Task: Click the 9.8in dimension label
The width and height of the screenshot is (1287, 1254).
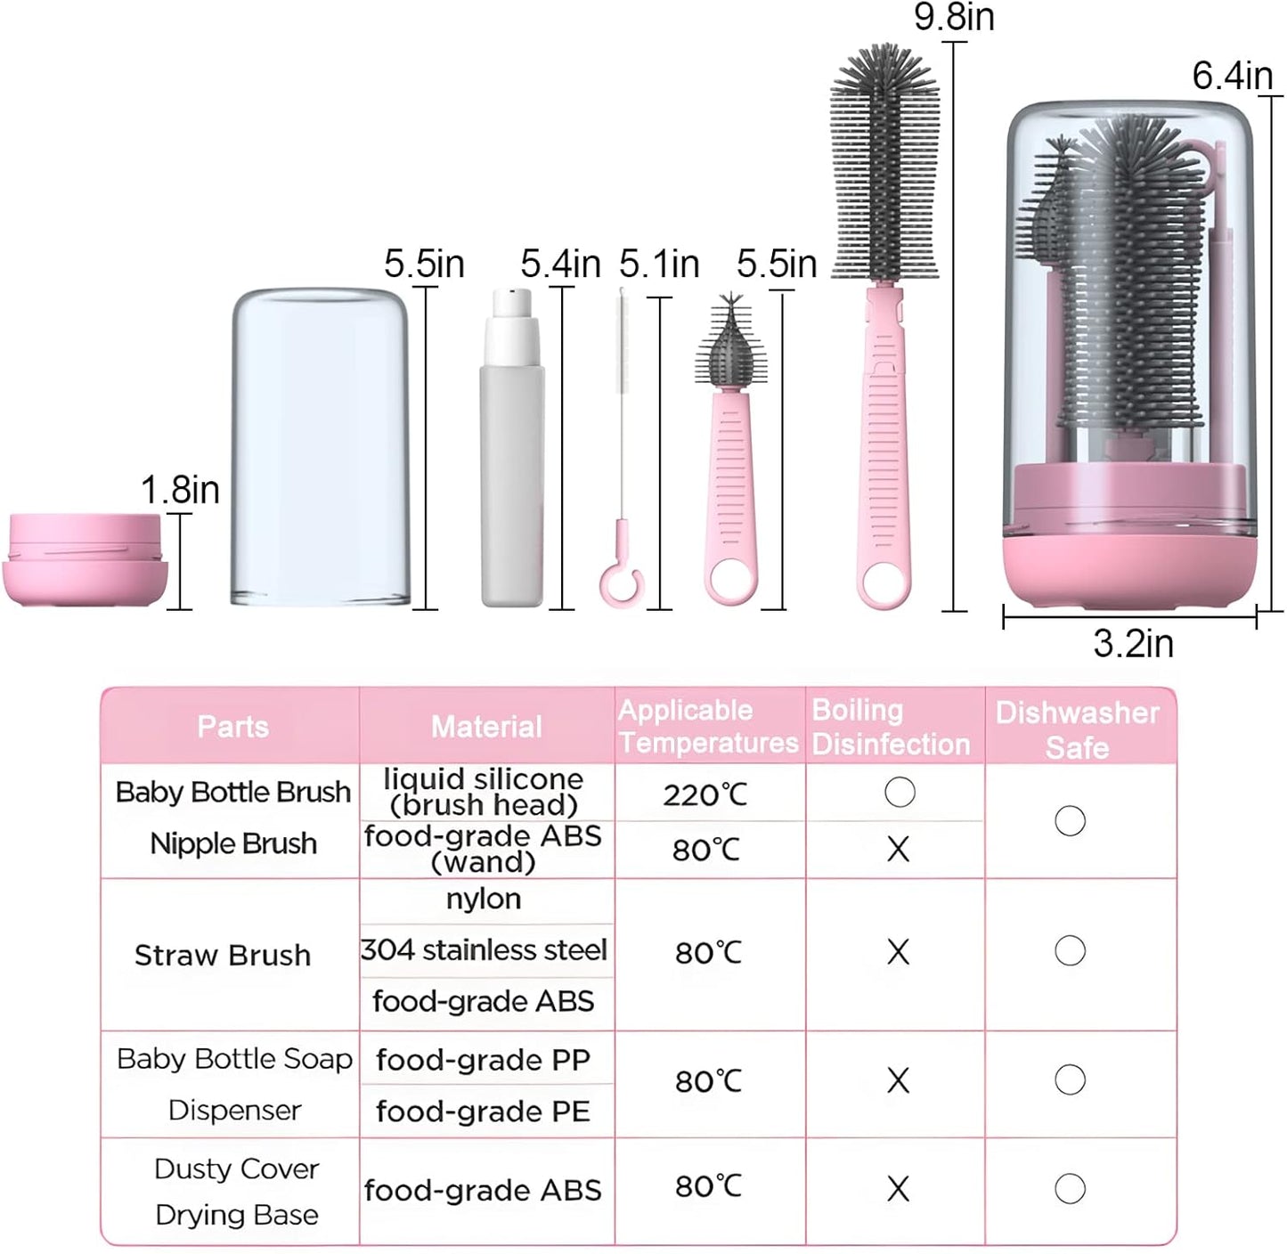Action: pyautogui.click(x=954, y=17)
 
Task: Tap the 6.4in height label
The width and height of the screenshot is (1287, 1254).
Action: pyautogui.click(x=1232, y=76)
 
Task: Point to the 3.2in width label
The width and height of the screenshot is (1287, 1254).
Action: pyautogui.click(x=1133, y=644)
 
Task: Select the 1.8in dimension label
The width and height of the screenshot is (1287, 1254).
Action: pyautogui.click(x=180, y=490)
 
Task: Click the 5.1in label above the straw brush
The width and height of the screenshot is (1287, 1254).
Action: pyautogui.click(x=659, y=265)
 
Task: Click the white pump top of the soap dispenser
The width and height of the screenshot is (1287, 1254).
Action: pyautogui.click(x=512, y=324)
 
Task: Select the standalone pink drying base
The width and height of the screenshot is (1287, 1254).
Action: pyautogui.click(x=85, y=559)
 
